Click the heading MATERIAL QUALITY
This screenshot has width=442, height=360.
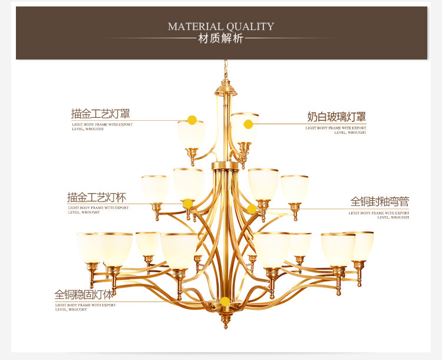point(221,26)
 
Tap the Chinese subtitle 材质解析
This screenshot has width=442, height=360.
point(221,39)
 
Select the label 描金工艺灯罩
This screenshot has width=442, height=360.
point(100,113)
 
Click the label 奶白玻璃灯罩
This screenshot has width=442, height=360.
point(337,117)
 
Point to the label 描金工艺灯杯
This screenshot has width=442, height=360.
point(97,197)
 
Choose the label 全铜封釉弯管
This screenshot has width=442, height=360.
point(380,202)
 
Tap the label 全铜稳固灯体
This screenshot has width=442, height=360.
point(84,294)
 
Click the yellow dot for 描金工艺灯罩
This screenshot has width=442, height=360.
point(192,120)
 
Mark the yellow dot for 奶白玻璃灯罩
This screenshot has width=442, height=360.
point(248,124)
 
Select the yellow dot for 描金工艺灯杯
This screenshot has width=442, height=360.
point(187,204)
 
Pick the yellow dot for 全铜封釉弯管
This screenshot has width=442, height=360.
point(252,209)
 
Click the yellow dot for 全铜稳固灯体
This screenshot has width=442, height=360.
point(225,302)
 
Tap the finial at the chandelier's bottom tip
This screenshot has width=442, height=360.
point(225,325)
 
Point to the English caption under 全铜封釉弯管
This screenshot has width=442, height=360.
point(379,215)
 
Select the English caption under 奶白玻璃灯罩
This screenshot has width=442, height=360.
point(336,130)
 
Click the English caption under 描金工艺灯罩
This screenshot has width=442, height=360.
point(102,127)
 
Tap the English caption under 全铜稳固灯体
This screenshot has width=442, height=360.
point(85,307)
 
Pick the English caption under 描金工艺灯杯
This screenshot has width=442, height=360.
point(98,210)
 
